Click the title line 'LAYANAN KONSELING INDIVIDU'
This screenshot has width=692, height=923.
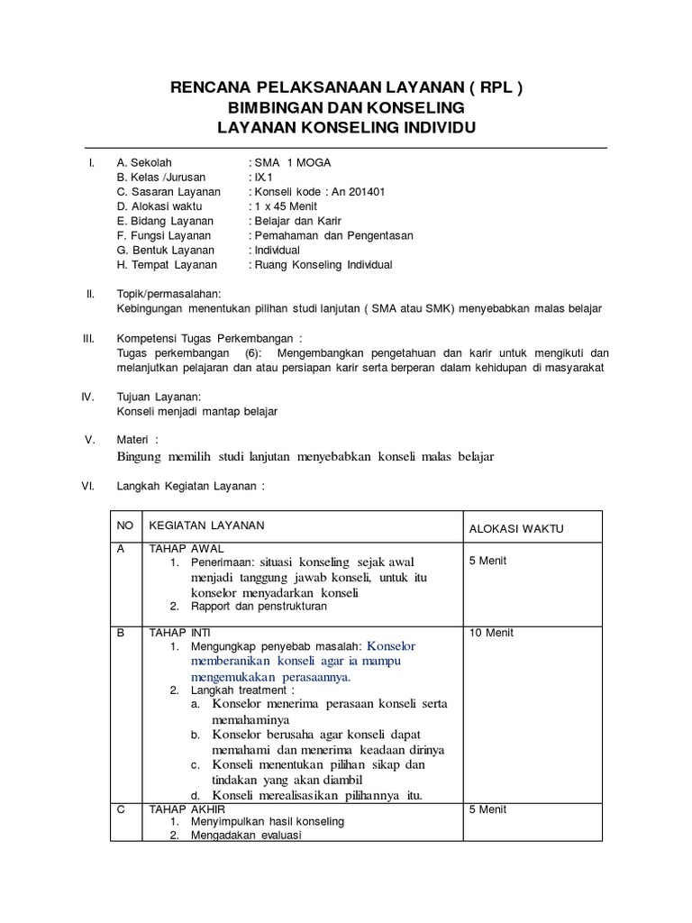(x=346, y=128)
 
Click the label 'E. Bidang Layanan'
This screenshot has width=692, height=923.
(x=165, y=221)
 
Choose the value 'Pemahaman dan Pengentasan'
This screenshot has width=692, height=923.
(x=332, y=235)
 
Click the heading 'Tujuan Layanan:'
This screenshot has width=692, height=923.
(x=159, y=397)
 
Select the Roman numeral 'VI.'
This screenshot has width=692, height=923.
(x=88, y=485)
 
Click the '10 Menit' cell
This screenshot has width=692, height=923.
(x=491, y=633)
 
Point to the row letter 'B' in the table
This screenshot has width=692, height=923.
(x=122, y=633)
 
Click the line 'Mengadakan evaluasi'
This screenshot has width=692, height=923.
(x=245, y=835)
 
